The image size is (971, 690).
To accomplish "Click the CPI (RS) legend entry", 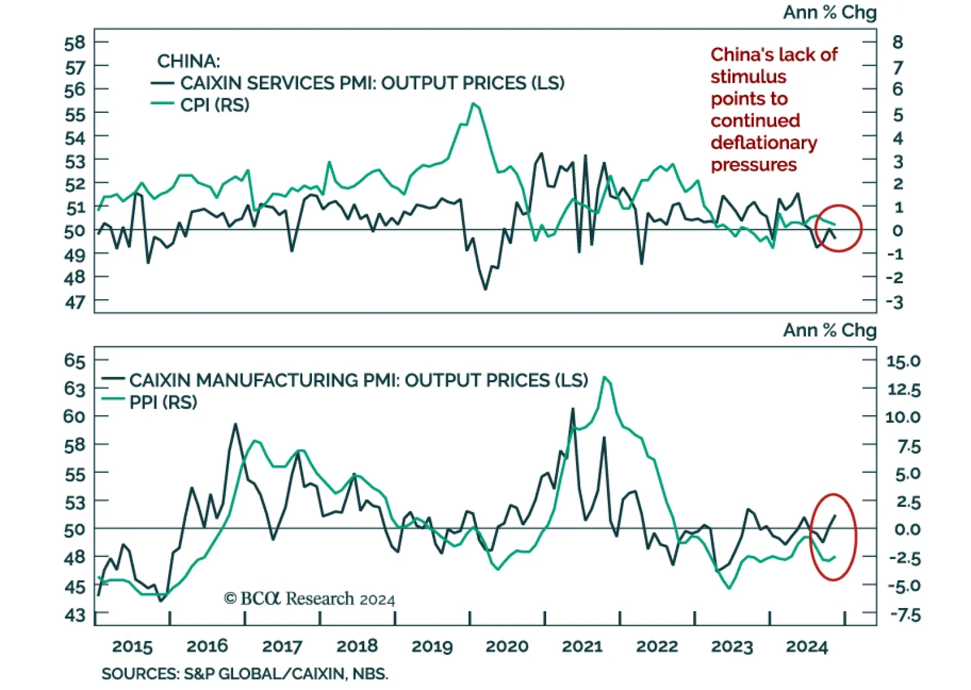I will (214, 105).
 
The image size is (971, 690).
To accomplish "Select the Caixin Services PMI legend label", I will (371, 83).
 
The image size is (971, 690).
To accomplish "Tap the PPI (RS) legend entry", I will (163, 402).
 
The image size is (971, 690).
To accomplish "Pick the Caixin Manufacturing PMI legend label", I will (358, 381).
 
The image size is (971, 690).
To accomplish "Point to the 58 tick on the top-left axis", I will (75, 43).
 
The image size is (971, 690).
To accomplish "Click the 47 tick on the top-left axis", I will (75, 302).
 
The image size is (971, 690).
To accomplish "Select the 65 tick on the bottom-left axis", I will (75, 360).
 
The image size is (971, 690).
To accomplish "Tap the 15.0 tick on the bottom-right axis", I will (903, 362).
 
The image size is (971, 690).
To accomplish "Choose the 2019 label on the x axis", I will (432, 647).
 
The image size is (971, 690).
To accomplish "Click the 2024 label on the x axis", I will (807, 647).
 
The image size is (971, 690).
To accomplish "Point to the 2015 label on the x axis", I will (132, 647).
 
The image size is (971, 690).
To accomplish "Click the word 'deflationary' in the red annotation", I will (763, 143).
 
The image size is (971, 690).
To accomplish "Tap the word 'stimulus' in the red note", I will (748, 77).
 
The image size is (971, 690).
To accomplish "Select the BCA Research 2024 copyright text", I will (310, 599).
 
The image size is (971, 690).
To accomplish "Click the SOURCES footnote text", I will (245, 674).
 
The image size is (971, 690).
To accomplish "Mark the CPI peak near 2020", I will (473, 104).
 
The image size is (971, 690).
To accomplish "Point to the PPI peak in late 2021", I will (604, 377).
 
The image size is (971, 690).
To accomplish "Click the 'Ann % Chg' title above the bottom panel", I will (829, 330).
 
